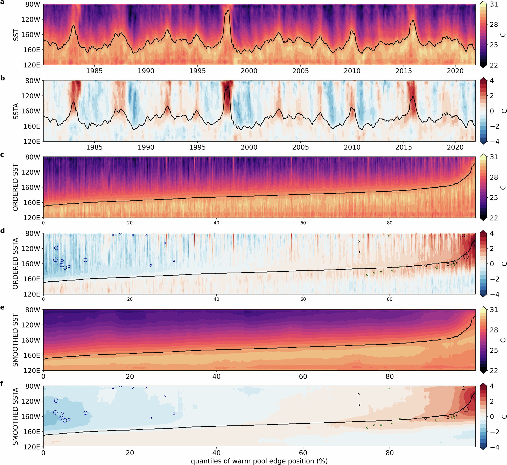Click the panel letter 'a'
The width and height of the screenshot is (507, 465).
[3, 2]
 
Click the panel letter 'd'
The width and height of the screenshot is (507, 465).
[3, 231]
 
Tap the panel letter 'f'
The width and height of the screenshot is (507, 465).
[2, 384]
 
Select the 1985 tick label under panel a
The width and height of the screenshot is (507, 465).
[94, 71]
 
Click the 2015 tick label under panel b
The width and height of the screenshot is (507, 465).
[404, 147]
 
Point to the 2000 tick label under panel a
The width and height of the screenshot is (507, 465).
[249, 71]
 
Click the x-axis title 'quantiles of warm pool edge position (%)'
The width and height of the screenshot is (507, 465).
[259, 461]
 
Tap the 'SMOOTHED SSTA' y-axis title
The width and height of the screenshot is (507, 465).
[16, 416]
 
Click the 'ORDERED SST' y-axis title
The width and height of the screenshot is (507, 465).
[16, 187]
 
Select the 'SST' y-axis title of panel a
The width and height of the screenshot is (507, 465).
[16, 35]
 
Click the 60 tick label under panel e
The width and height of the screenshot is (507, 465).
[303, 376]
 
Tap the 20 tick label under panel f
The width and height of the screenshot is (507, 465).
[130, 453]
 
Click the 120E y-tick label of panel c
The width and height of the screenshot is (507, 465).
[32, 218]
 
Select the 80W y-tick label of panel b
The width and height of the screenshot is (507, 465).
[32, 81]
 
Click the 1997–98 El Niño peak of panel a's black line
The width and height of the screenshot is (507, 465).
[228, 10]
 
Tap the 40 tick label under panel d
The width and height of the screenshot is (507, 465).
[216, 299]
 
